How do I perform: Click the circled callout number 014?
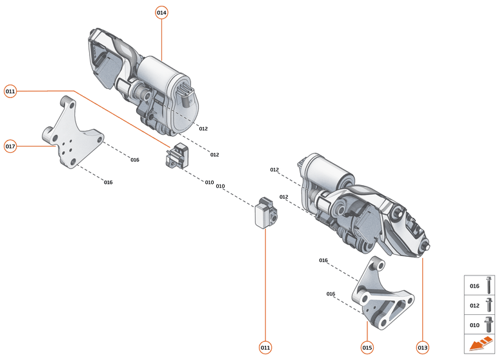click(x=161, y=13)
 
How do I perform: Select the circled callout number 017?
click(x=10, y=146)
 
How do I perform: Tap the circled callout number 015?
click(x=367, y=347)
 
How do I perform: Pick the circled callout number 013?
click(x=422, y=347)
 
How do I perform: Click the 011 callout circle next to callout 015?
click(x=265, y=347)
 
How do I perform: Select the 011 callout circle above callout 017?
click(x=10, y=92)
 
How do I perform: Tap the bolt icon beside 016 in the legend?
click(x=489, y=285)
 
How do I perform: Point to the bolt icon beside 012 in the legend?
click(x=489, y=305)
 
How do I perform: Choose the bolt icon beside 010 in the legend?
click(x=489, y=324)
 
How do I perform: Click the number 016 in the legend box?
click(x=474, y=286)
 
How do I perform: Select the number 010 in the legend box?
click(x=474, y=325)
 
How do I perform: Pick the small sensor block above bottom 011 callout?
click(x=265, y=212)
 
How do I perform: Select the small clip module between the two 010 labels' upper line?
click(x=176, y=157)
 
